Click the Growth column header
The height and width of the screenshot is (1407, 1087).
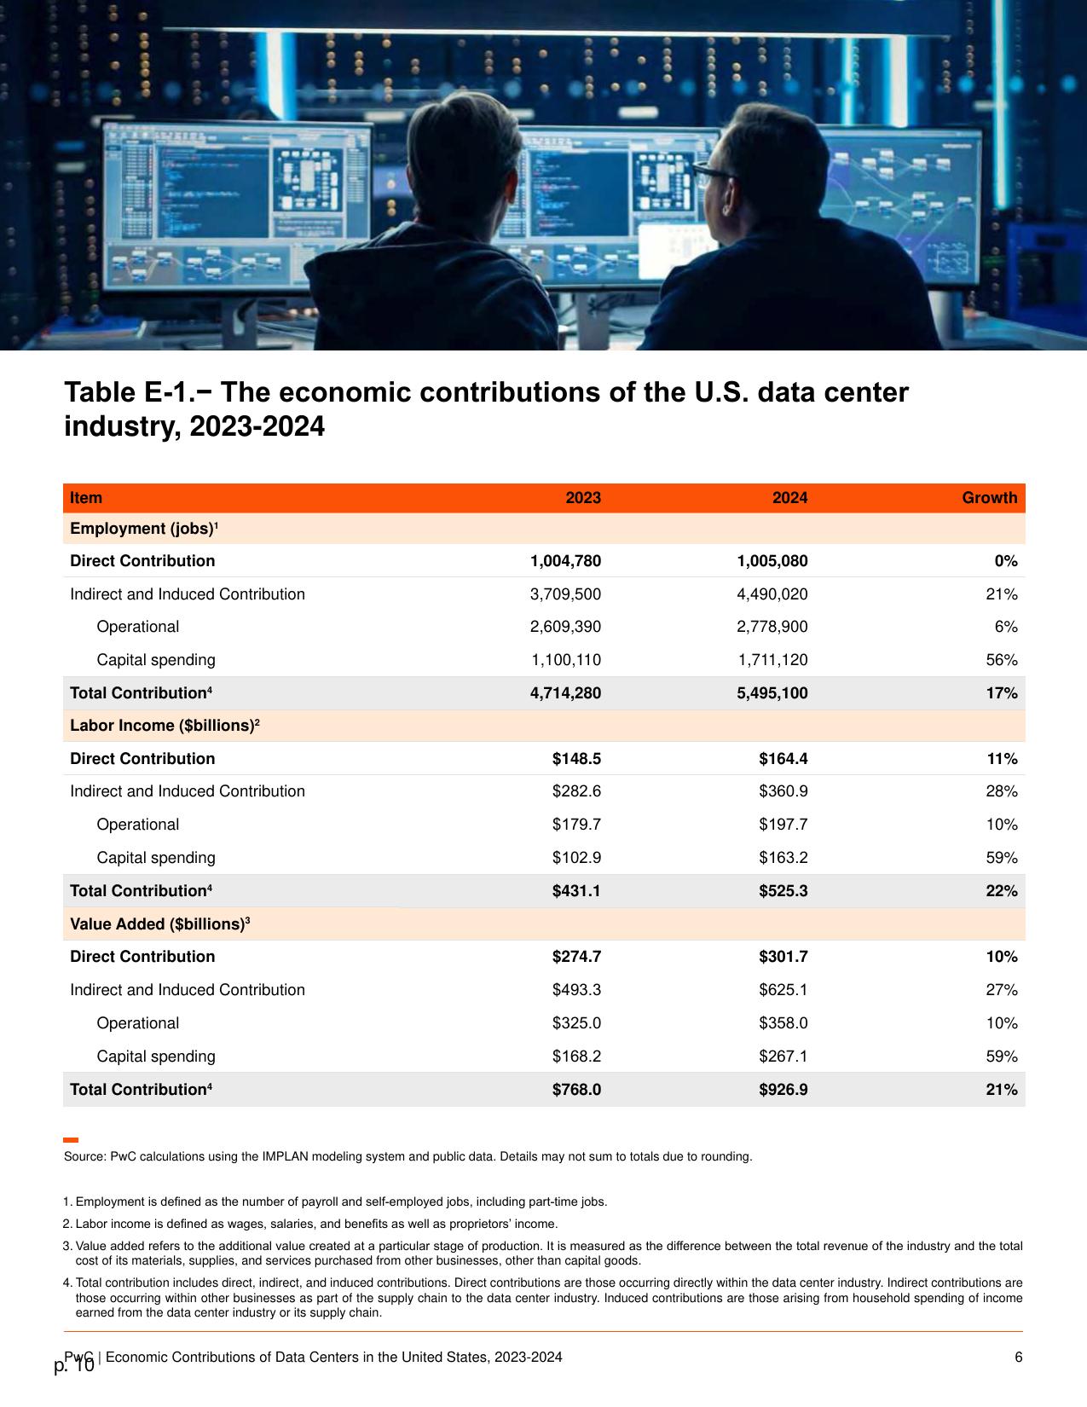coord(989,497)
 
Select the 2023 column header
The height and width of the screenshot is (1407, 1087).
coord(582,497)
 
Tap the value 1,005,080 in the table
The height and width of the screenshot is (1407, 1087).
coord(772,561)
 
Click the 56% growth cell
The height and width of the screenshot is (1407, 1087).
coord(1002,660)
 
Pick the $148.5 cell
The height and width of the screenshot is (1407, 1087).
coord(576,758)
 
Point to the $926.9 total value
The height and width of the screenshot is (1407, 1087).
coord(783,1089)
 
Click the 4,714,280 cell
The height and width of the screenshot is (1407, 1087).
coord(565,692)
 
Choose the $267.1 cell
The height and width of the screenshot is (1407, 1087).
coord(783,1056)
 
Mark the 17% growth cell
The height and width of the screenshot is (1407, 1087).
coord(1002,692)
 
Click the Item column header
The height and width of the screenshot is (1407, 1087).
coord(86,497)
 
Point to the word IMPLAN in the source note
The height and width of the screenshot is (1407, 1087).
coord(285,1155)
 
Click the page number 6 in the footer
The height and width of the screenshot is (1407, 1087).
coord(1019,1357)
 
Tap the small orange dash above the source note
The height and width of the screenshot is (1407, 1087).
coord(71,1139)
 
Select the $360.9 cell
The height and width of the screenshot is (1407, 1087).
coord(783,791)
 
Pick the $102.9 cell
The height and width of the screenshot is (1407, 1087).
coord(576,857)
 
